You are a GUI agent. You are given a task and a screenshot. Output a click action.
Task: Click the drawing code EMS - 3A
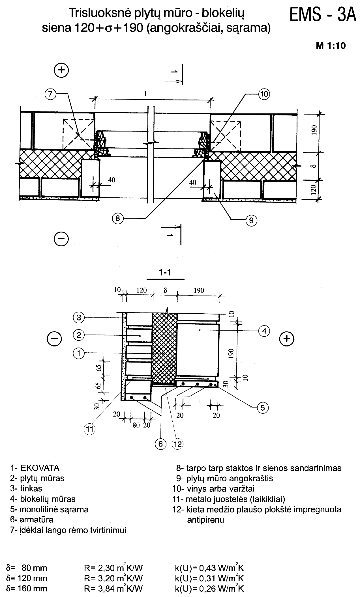323,15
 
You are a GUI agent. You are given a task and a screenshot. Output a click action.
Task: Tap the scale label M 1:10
331,46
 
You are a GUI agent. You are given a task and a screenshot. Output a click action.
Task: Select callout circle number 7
50,94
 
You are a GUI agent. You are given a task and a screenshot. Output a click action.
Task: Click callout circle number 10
264,94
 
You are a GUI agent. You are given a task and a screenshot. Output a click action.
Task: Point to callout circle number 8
118,218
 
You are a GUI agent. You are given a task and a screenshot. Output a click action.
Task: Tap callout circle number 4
264,331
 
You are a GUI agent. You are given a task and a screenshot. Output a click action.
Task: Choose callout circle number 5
263,408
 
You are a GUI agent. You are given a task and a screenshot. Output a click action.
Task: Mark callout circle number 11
89,429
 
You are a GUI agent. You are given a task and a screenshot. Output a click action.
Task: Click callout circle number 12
178,444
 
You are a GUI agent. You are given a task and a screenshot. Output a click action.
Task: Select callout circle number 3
79,318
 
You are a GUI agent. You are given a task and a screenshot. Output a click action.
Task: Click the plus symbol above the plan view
61,70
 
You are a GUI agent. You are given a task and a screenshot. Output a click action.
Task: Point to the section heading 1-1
166,272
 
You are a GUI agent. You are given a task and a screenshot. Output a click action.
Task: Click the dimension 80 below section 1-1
136,425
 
